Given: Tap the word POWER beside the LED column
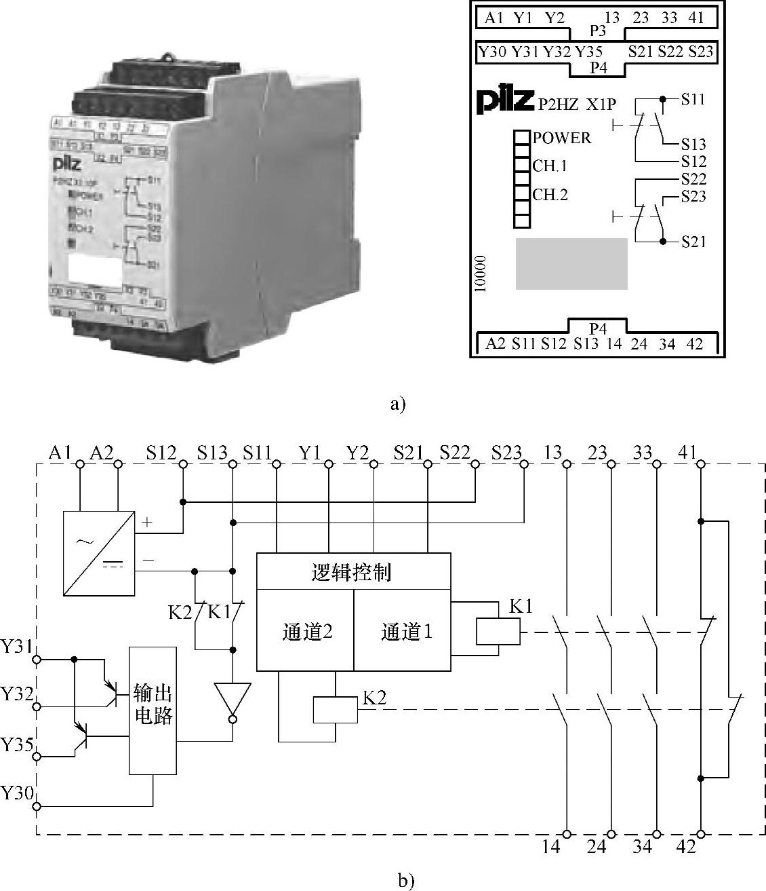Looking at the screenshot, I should click(x=561, y=138).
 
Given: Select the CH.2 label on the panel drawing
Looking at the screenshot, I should click(x=550, y=195).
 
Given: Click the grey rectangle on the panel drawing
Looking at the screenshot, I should click(x=571, y=263).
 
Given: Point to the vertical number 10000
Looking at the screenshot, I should click(x=481, y=273).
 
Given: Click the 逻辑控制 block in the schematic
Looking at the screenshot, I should click(x=352, y=572).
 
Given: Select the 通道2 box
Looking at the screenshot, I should click(x=306, y=632).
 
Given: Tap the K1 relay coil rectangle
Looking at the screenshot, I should click(x=498, y=632).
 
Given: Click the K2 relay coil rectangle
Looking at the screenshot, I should click(x=335, y=710).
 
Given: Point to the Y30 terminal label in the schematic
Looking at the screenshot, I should click(x=16, y=793).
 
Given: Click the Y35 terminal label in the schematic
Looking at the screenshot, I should click(x=16, y=746).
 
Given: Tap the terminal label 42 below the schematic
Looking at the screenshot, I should click(x=686, y=847).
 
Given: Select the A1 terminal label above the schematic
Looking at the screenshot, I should click(x=60, y=453).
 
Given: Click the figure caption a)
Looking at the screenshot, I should click(x=398, y=405).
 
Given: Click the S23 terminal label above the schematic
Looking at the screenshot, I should click(x=508, y=453).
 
